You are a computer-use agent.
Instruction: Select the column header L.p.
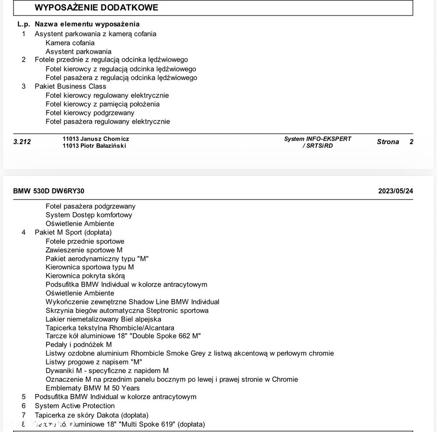click(24, 24)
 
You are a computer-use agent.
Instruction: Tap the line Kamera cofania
click(70, 43)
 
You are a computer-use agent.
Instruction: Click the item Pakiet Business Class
click(70, 86)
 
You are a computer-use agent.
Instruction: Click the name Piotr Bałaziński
click(103, 146)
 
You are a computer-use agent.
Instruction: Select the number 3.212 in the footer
click(22, 142)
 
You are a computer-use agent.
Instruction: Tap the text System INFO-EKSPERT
click(318, 139)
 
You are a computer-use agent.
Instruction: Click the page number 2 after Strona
click(411, 142)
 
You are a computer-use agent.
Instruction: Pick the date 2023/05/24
click(395, 191)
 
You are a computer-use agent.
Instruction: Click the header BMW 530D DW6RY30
click(49, 191)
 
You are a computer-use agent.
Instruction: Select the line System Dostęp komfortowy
click(89, 215)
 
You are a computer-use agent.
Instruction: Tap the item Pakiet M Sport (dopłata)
click(73, 232)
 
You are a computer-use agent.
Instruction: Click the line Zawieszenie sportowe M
click(84, 250)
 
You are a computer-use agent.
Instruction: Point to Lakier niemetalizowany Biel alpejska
click(103, 319)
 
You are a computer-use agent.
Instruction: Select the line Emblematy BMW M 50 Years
click(93, 388)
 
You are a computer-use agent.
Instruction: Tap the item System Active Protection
click(75, 406)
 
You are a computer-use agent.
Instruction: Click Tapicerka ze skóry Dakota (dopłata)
click(91, 415)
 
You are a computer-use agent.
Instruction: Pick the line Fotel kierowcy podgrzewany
click(90, 113)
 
